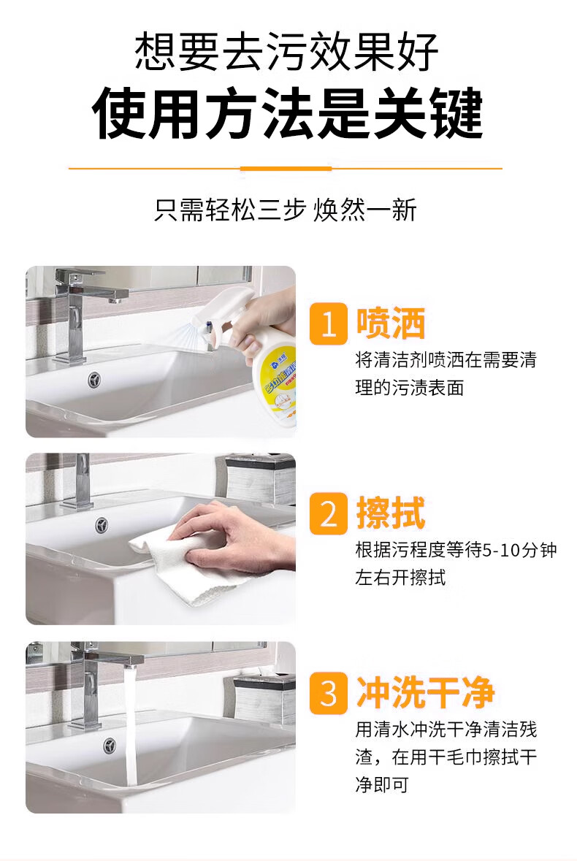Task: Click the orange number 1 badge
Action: [328, 324]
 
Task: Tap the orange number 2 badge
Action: [328, 514]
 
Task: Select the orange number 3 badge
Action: [328, 693]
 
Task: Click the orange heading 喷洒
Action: [391, 324]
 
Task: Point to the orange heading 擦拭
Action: [391, 513]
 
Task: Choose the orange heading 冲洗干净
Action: [426, 692]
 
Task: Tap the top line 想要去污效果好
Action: [286, 52]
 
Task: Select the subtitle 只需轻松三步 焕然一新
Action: [286, 210]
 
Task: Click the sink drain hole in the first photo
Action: [94, 379]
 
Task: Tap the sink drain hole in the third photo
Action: [110, 746]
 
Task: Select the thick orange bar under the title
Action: [286, 169]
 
